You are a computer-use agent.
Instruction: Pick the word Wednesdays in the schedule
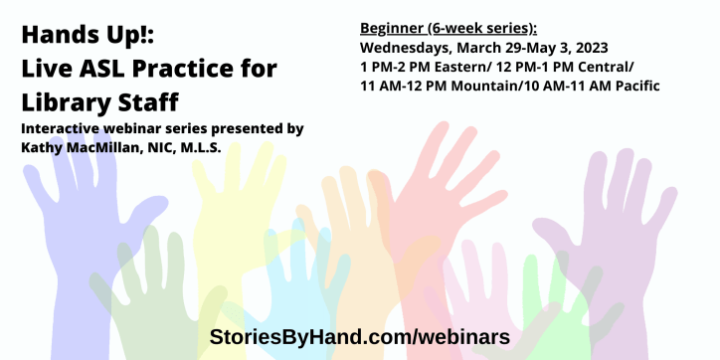coord(412,47)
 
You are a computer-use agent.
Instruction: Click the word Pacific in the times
coord(635,87)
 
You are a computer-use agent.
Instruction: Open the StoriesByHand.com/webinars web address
coord(360,336)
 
